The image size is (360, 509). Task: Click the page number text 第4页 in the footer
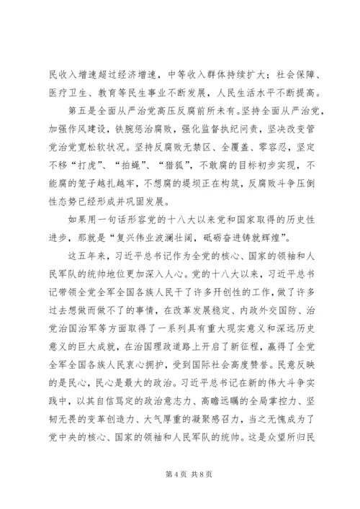pos(168,476)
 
